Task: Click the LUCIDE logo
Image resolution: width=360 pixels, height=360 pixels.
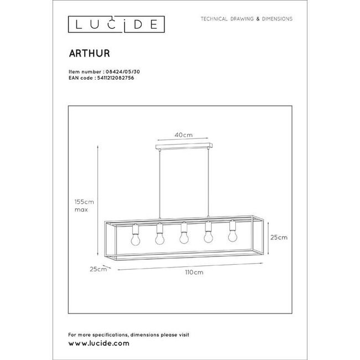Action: click(x=115, y=23)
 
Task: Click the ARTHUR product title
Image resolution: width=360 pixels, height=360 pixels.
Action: click(x=89, y=54)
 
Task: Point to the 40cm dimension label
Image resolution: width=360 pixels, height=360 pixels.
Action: click(x=183, y=135)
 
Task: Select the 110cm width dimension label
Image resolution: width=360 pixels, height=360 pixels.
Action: click(x=194, y=272)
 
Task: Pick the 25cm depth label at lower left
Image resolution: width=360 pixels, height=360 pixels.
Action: click(x=97, y=269)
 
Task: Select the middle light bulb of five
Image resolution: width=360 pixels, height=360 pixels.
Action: click(x=183, y=238)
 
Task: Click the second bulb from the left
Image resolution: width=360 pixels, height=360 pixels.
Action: click(x=160, y=238)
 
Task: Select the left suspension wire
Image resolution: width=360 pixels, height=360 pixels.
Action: click(x=158, y=183)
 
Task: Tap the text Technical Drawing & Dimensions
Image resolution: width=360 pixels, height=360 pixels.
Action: click(x=246, y=19)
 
